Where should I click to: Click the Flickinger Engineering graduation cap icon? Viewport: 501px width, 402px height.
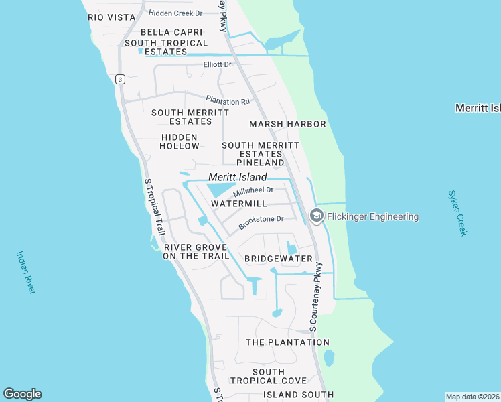point(317,216)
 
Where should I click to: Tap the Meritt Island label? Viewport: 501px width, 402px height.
point(237,177)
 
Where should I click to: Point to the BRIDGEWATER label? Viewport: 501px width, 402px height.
point(279,259)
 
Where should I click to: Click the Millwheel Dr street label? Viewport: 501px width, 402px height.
point(253,191)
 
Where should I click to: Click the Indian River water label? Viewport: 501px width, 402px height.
point(25,272)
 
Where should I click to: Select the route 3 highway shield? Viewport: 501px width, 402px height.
point(120,79)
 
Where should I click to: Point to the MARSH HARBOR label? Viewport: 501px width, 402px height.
point(287,124)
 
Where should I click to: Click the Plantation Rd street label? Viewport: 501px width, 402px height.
point(228,100)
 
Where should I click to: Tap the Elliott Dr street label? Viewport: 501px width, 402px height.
point(218,65)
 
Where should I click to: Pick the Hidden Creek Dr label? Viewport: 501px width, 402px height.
point(175,13)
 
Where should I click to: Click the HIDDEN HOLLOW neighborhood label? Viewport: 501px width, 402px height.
point(180,141)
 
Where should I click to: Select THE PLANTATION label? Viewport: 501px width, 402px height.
point(287,342)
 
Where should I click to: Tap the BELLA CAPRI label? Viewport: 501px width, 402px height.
point(167,32)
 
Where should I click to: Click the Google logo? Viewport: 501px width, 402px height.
point(22,394)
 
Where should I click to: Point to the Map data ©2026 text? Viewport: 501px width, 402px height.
point(472,396)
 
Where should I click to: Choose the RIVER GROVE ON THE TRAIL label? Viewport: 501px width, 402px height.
point(196,251)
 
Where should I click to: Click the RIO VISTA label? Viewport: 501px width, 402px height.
point(106,17)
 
